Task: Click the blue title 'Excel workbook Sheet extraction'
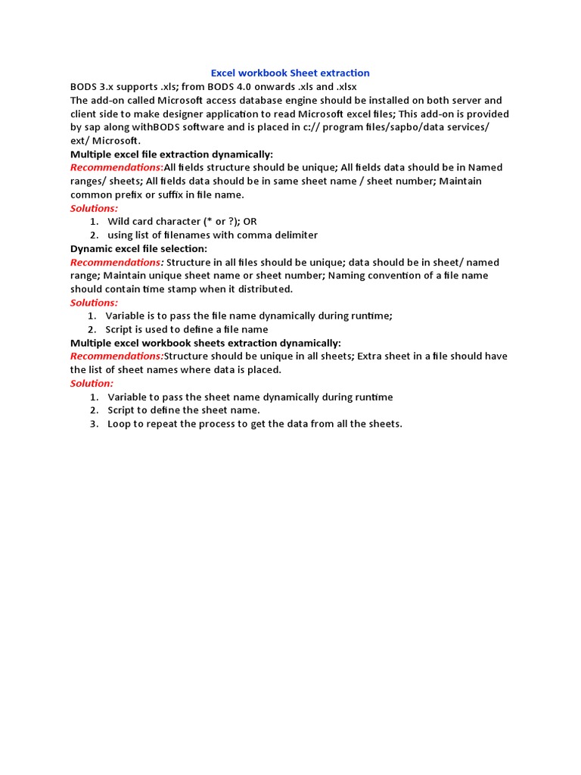[290, 73]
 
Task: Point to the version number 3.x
[107, 87]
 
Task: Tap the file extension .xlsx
[343, 87]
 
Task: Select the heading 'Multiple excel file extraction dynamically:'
[172, 154]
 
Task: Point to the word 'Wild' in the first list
[120, 222]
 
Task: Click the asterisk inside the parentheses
[206, 221]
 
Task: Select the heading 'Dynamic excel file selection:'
[138, 248]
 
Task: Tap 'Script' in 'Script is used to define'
[120, 329]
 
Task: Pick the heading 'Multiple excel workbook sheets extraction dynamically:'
[206, 343]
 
